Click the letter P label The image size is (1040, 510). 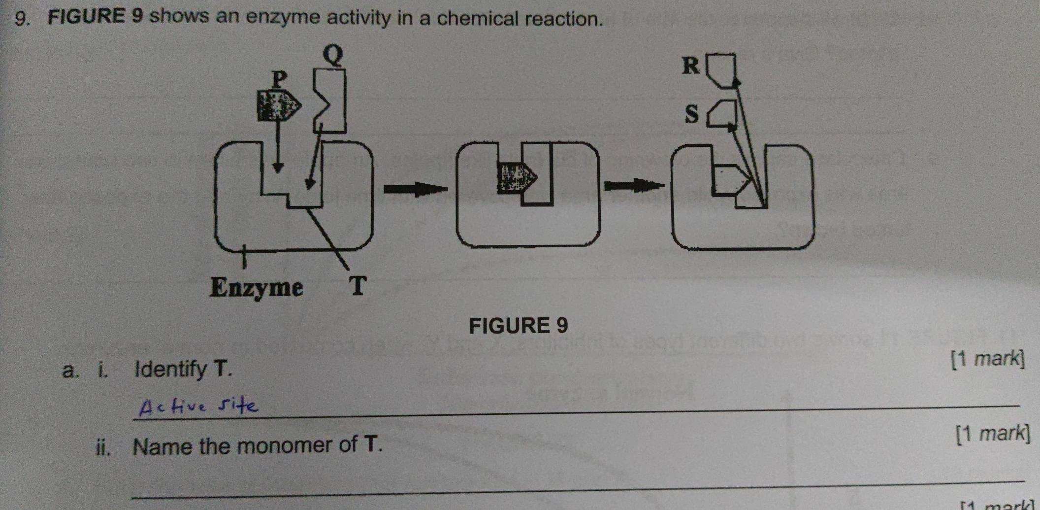click(x=279, y=78)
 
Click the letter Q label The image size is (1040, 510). click(x=333, y=55)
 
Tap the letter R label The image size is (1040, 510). click(x=691, y=66)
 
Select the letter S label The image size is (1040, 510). click(x=692, y=114)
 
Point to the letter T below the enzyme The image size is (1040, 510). click(x=358, y=286)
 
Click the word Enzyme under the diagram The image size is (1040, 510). click(x=256, y=287)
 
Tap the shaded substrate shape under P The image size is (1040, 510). click(x=278, y=105)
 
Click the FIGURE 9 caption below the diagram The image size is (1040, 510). click(x=519, y=326)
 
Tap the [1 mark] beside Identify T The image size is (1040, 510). click(x=987, y=359)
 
